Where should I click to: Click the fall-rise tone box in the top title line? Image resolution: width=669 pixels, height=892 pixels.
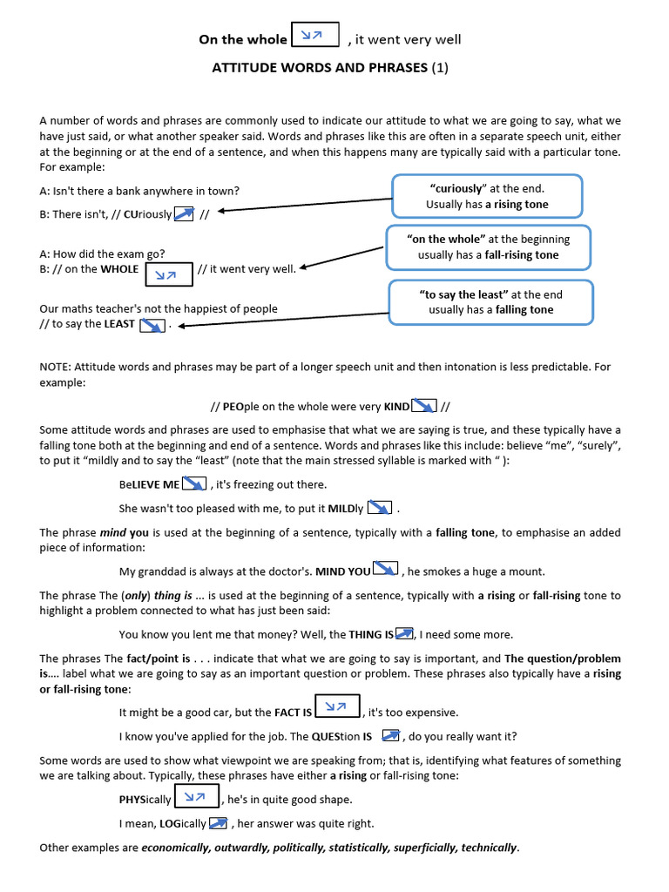pos(315,36)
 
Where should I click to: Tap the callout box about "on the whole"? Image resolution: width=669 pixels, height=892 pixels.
pos(488,247)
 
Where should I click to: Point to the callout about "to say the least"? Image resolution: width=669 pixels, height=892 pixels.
pos(490,302)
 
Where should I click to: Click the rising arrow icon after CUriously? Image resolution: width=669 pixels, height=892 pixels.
pos(184,213)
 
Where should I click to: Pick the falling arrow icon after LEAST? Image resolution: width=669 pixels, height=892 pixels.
pos(152,324)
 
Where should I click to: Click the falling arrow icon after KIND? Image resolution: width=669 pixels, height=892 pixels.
pos(423,406)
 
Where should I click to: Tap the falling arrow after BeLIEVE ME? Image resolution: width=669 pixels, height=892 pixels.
pos(194,484)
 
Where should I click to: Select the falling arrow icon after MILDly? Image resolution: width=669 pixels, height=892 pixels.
pos(380,508)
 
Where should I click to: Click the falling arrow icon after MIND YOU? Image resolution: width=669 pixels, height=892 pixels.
pos(385,571)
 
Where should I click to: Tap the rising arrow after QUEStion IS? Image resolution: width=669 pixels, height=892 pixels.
pos(391,736)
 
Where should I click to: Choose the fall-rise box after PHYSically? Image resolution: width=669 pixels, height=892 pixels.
pos(197,797)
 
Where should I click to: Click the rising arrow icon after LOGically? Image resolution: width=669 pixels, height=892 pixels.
pos(218,823)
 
